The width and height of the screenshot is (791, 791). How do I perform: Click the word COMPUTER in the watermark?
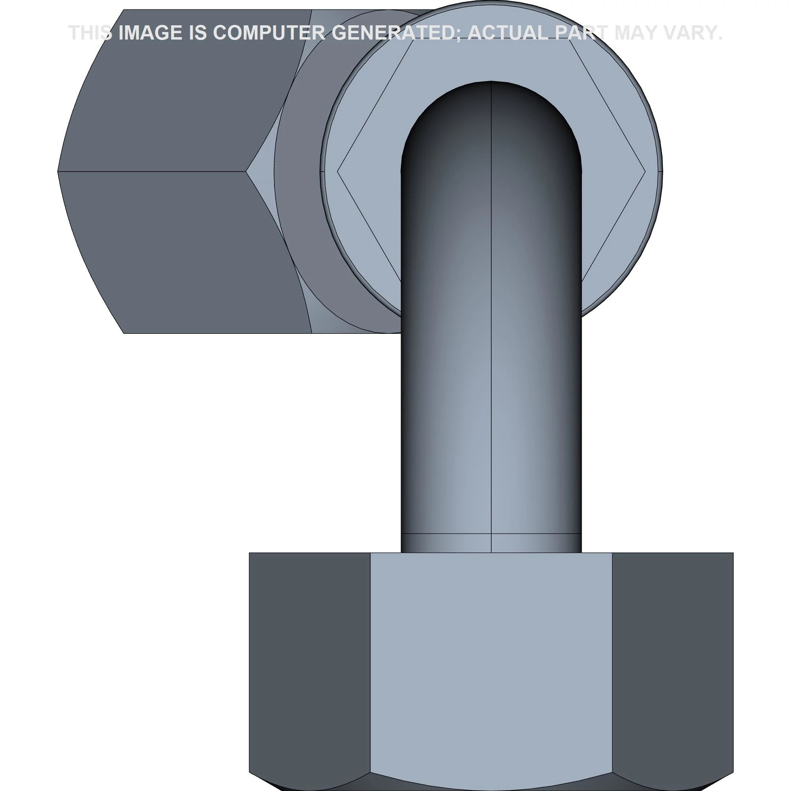pos(269,33)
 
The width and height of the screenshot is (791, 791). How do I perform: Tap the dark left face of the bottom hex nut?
pos(309,655)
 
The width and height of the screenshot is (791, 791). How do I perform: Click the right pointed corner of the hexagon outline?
pos(645,172)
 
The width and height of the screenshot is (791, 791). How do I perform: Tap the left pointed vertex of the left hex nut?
pos(58,172)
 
